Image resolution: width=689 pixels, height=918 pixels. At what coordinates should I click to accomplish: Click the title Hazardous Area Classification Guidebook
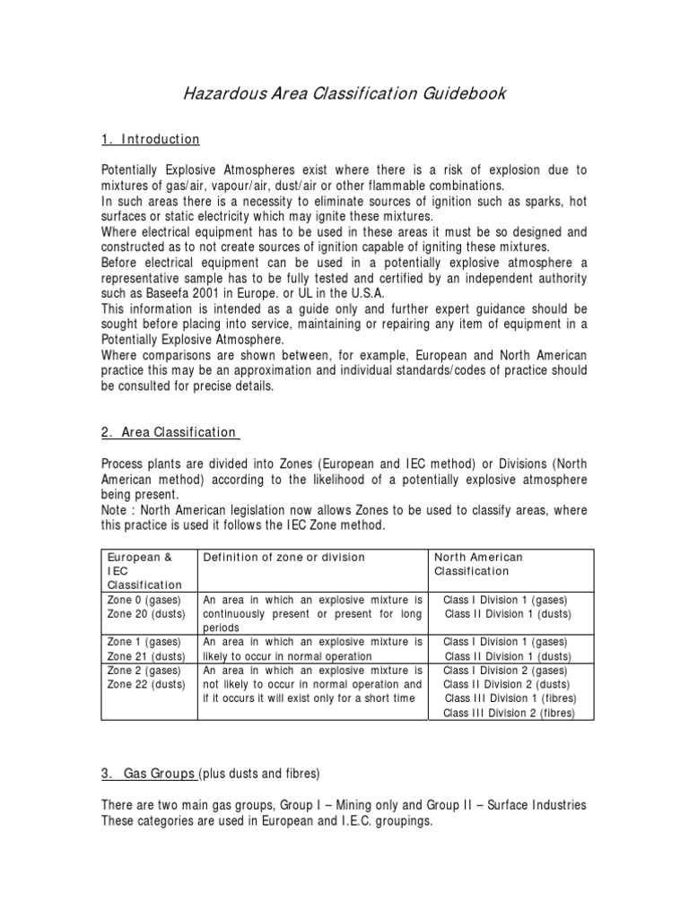pos(344,92)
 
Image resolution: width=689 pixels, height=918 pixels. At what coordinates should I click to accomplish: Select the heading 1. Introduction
pos(150,139)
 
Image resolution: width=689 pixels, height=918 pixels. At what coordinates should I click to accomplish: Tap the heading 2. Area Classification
pos(170,432)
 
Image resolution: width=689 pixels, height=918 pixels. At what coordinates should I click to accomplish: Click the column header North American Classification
pos(478,564)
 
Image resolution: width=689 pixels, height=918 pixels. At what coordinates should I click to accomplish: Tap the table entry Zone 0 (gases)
pos(144,599)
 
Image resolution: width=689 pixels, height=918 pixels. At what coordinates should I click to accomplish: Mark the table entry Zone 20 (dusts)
pos(147,613)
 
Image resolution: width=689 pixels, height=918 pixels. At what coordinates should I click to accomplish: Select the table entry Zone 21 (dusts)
pos(147,655)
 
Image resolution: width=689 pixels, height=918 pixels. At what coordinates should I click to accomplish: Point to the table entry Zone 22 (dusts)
pos(147,684)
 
